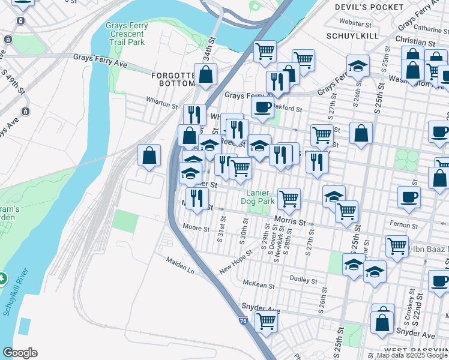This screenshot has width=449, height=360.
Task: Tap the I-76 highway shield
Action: (243, 322)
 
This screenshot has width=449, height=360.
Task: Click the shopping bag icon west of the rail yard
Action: (149, 155)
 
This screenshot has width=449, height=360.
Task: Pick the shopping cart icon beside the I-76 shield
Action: (266, 320)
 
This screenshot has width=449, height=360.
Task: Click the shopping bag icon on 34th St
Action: (206, 74)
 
